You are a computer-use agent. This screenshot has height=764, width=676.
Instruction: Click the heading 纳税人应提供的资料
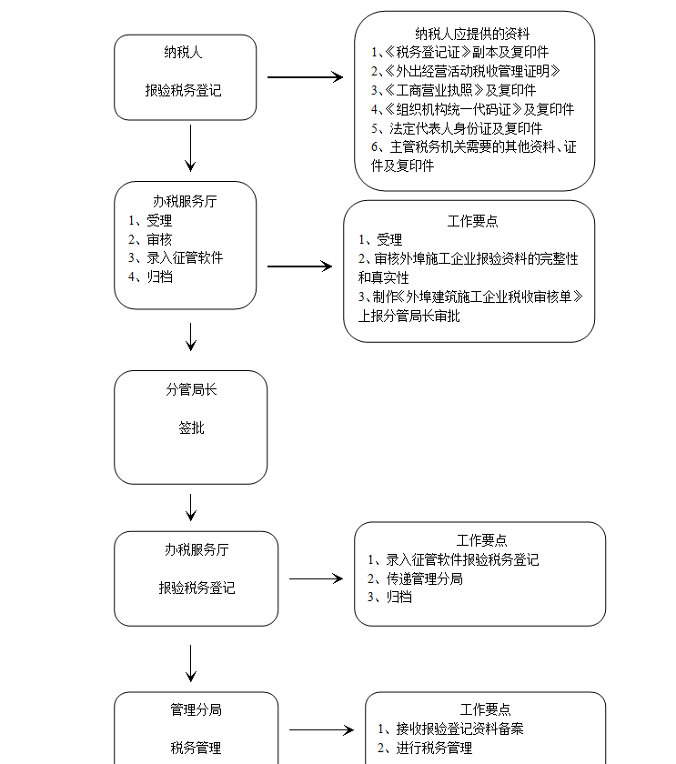coord(472,34)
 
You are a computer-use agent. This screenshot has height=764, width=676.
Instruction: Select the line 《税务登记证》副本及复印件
coord(467,52)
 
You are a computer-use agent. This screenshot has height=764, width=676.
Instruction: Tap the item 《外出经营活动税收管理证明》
coord(472,71)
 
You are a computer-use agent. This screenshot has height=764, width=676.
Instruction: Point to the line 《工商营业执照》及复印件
coord(460,90)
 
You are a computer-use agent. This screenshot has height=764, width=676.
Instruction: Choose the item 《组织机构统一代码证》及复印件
coord(479,109)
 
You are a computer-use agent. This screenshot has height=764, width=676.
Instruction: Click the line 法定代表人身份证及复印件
coord(466,128)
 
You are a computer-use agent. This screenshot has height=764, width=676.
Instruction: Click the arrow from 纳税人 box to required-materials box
coord(305,77)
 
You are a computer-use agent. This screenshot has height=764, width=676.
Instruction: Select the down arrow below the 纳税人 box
coord(190,148)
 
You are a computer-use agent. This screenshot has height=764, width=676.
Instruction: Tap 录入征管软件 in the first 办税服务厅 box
coord(185,257)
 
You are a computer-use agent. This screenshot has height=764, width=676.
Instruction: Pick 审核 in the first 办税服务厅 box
coord(159,239)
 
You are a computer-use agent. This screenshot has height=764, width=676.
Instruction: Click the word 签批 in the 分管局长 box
coord(191,427)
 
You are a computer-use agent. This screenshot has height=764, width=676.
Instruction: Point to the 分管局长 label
coord(191,390)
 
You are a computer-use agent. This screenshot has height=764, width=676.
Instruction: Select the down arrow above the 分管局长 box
coord(191,337)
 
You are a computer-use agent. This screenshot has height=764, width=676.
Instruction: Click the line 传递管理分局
coord(425,578)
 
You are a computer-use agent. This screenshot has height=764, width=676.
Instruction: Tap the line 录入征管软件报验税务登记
coord(462,559)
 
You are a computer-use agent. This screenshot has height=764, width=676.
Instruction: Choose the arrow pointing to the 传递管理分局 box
coord(317,578)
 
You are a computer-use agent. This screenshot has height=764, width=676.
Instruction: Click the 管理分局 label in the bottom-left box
coord(196,709)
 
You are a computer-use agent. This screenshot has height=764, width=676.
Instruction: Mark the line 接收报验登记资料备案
coord(459,729)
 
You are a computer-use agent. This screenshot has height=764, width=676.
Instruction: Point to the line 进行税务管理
coord(434,748)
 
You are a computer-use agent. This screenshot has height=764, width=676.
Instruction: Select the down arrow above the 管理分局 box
coord(191,664)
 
